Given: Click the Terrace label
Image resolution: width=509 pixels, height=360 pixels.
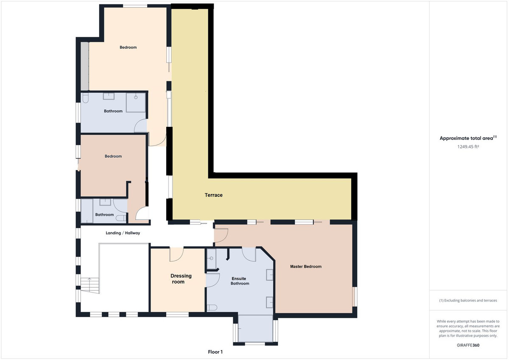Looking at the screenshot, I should tap(214, 195).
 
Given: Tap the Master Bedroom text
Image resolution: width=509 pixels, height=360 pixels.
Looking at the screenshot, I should tap(305, 267).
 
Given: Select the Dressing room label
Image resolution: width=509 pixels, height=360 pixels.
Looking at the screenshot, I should tap(181, 279).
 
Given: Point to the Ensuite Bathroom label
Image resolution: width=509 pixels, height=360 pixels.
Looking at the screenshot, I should tap(240, 281).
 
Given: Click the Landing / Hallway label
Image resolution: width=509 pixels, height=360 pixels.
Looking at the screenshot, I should tap(123, 233).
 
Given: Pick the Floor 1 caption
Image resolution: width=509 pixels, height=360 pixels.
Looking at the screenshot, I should tap(215, 352).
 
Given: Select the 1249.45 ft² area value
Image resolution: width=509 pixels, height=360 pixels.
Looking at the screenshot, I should tap(468, 146).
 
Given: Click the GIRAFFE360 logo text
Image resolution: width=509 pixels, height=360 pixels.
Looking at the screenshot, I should tap(468, 345).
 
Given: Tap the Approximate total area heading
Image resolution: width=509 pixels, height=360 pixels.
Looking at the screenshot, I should tap(468, 138).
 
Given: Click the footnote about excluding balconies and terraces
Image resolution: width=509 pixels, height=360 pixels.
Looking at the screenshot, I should tap(468, 300).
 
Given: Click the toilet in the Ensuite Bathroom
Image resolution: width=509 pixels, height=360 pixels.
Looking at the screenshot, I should tap(212, 307).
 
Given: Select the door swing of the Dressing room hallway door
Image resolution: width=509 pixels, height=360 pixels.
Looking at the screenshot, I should tap(176, 254).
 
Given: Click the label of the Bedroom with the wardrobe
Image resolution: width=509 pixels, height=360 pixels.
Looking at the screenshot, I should tap(128, 47).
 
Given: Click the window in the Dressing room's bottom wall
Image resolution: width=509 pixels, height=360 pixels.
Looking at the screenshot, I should tap(177, 314).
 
